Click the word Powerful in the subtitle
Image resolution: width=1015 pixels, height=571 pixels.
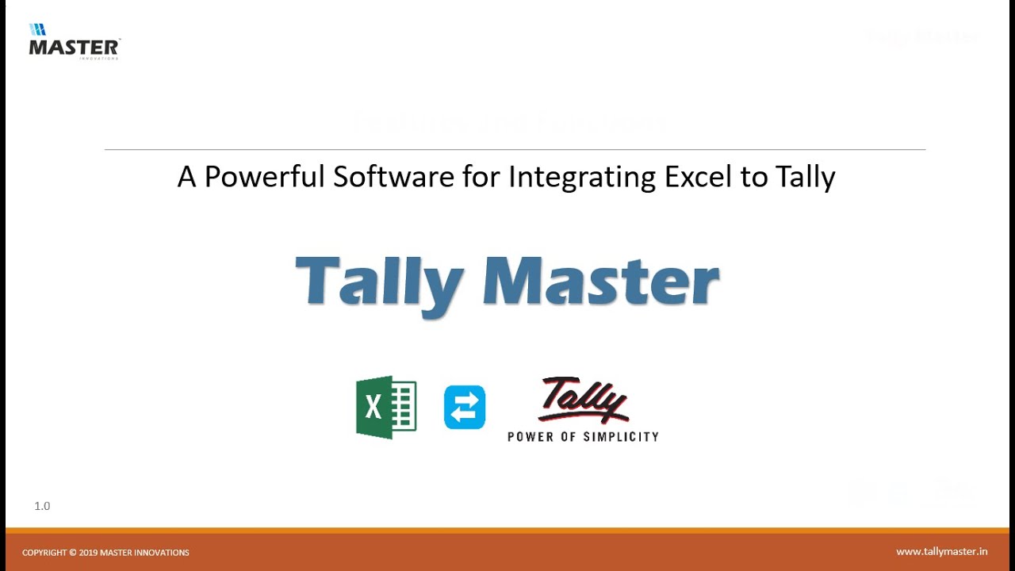(265, 177)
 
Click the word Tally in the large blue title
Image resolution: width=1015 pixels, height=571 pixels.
(378, 282)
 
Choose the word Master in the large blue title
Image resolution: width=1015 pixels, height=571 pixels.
(600, 281)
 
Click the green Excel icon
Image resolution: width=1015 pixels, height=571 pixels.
(386, 407)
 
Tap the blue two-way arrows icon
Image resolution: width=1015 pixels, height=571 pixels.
(464, 408)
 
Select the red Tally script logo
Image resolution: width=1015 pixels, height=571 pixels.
(583, 400)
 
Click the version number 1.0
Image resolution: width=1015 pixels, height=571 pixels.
(42, 506)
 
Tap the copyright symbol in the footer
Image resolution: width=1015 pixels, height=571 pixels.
(73, 553)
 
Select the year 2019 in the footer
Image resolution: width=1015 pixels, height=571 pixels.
(88, 553)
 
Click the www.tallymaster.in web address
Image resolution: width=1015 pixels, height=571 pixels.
(941, 552)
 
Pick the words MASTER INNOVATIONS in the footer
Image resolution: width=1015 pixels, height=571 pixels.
(144, 553)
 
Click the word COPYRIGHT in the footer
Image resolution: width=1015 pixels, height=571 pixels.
(44, 553)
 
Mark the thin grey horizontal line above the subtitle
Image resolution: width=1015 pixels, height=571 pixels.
(515, 149)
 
